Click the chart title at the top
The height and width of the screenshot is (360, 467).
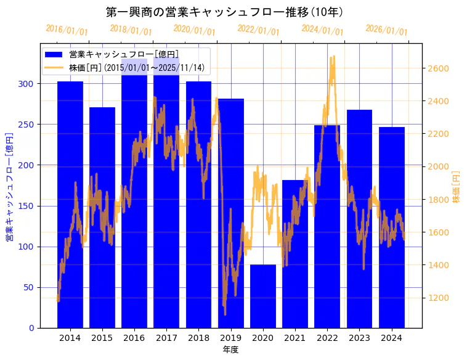[x=225, y=12]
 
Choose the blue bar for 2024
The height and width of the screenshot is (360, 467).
[x=392, y=227]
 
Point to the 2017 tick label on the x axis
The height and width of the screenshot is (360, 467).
[x=166, y=338]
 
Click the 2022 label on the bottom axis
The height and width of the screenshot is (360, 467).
[x=327, y=338]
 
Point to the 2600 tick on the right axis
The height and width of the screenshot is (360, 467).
[x=439, y=68]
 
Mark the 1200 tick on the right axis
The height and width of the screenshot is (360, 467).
[x=439, y=298]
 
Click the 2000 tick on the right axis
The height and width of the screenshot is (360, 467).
[x=439, y=166]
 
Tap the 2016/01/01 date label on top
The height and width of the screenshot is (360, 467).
[x=67, y=30]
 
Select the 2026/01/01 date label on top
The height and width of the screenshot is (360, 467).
[x=386, y=30]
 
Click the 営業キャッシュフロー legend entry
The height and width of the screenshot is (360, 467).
[x=123, y=54]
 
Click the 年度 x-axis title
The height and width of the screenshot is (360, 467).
[x=230, y=350]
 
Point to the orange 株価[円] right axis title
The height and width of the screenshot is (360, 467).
[x=457, y=187]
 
